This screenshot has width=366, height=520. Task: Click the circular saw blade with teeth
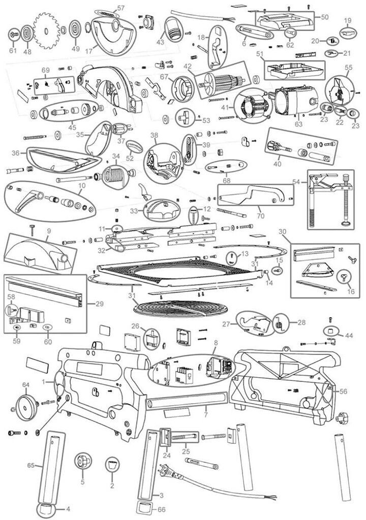point(47,30)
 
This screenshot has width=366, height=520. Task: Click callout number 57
point(120,8)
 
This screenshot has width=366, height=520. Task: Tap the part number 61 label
point(13,51)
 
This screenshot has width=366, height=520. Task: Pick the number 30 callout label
point(282,231)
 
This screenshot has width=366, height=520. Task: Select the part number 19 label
point(348,20)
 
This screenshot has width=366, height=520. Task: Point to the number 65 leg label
point(30,465)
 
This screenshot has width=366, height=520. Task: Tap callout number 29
point(99,304)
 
